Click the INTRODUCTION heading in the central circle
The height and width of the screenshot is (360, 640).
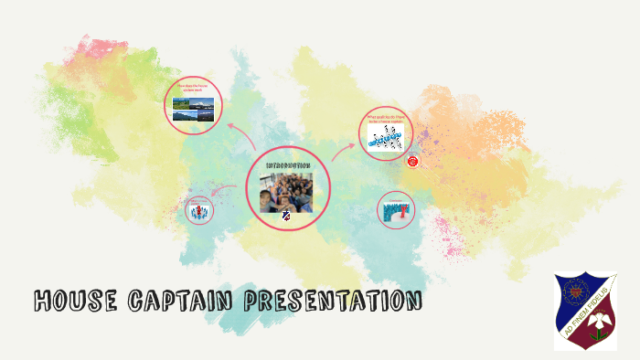tap(288, 164)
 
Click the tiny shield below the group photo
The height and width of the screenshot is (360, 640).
tap(287, 217)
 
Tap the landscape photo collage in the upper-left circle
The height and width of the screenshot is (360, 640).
tap(194, 111)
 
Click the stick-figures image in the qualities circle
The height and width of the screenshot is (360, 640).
tap(386, 136)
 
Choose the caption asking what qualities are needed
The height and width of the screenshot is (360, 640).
tap(386, 118)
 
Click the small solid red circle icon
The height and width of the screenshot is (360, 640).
tap(412, 161)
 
